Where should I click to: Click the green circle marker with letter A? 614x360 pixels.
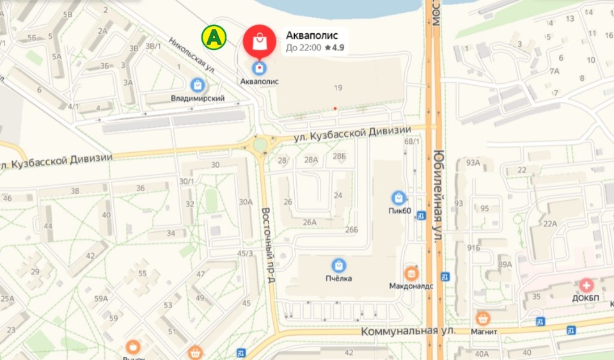tap(214, 37)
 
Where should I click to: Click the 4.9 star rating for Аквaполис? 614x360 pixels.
tap(335, 47)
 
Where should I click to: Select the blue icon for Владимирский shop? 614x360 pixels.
tap(198, 84)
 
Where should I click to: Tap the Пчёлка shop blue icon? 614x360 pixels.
tap(338, 265)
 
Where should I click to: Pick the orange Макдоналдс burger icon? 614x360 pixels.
tap(411, 272)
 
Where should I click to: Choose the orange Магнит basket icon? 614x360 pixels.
tap(483, 318)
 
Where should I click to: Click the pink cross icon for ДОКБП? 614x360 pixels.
tap(586, 285)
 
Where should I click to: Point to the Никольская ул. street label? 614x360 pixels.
tap(192, 56)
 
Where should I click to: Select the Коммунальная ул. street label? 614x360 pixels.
tap(408, 331)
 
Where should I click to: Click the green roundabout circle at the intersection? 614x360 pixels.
tap(260, 145)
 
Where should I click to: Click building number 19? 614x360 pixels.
tap(338, 87)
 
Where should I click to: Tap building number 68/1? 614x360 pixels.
tap(413, 141)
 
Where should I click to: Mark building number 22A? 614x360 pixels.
tap(550, 223)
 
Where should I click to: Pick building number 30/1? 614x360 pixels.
tap(187, 182)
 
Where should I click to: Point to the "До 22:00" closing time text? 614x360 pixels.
tap(303, 47)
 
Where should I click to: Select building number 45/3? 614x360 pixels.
tap(245, 253)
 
